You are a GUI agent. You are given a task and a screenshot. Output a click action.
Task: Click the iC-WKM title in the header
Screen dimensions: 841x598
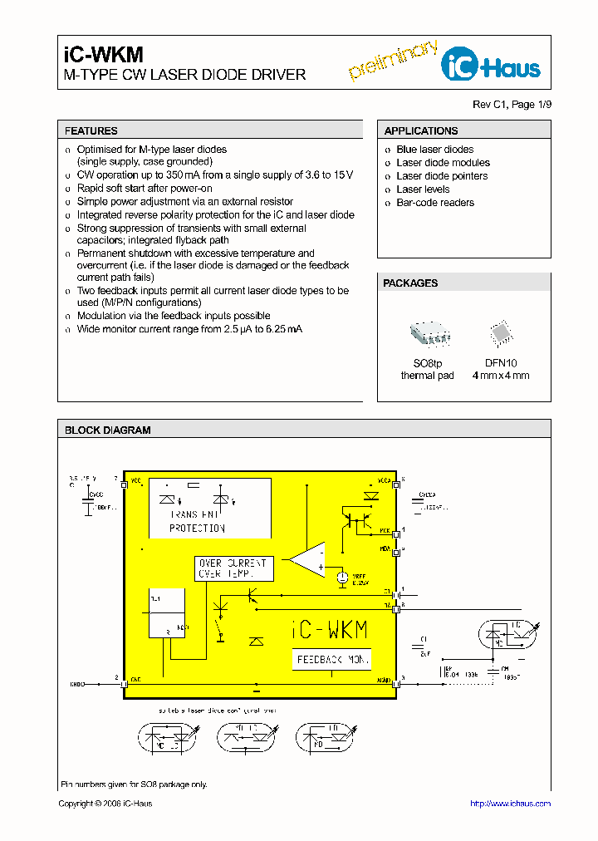coord(104,55)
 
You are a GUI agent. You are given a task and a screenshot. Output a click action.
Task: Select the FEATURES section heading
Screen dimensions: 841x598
coord(91,130)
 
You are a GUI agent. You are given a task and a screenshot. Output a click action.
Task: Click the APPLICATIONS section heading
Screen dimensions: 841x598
coord(421,130)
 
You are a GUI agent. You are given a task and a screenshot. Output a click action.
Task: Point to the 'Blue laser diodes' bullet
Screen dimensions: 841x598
coord(434,150)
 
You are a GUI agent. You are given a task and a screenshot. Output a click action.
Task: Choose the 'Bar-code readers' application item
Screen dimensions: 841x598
coord(434,203)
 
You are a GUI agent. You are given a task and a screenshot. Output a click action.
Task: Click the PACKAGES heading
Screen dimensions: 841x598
coord(410,283)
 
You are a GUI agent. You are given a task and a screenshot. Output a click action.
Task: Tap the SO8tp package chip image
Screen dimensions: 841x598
coord(429,333)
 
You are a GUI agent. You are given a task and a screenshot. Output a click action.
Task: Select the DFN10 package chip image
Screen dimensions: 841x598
coord(500,333)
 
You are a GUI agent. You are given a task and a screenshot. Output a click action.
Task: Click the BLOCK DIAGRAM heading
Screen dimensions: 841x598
coord(108,430)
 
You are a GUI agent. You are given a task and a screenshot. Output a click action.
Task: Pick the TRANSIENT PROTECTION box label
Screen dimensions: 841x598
coord(197,521)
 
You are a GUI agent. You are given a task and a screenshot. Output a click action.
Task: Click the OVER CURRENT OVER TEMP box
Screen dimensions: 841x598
coord(233,568)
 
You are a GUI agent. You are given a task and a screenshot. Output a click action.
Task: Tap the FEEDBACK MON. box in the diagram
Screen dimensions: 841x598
coord(331,659)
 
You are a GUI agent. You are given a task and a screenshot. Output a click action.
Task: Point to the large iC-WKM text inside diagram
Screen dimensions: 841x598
coord(330,630)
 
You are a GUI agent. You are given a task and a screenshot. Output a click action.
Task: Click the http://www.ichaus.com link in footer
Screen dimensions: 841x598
coord(510,804)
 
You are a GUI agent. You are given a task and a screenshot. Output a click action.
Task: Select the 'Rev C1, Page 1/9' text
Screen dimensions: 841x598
coord(511,104)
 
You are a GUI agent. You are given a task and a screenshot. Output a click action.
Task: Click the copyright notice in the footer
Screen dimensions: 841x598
coord(105,804)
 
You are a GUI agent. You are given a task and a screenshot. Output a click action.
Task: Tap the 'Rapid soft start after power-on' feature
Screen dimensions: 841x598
coord(144,189)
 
